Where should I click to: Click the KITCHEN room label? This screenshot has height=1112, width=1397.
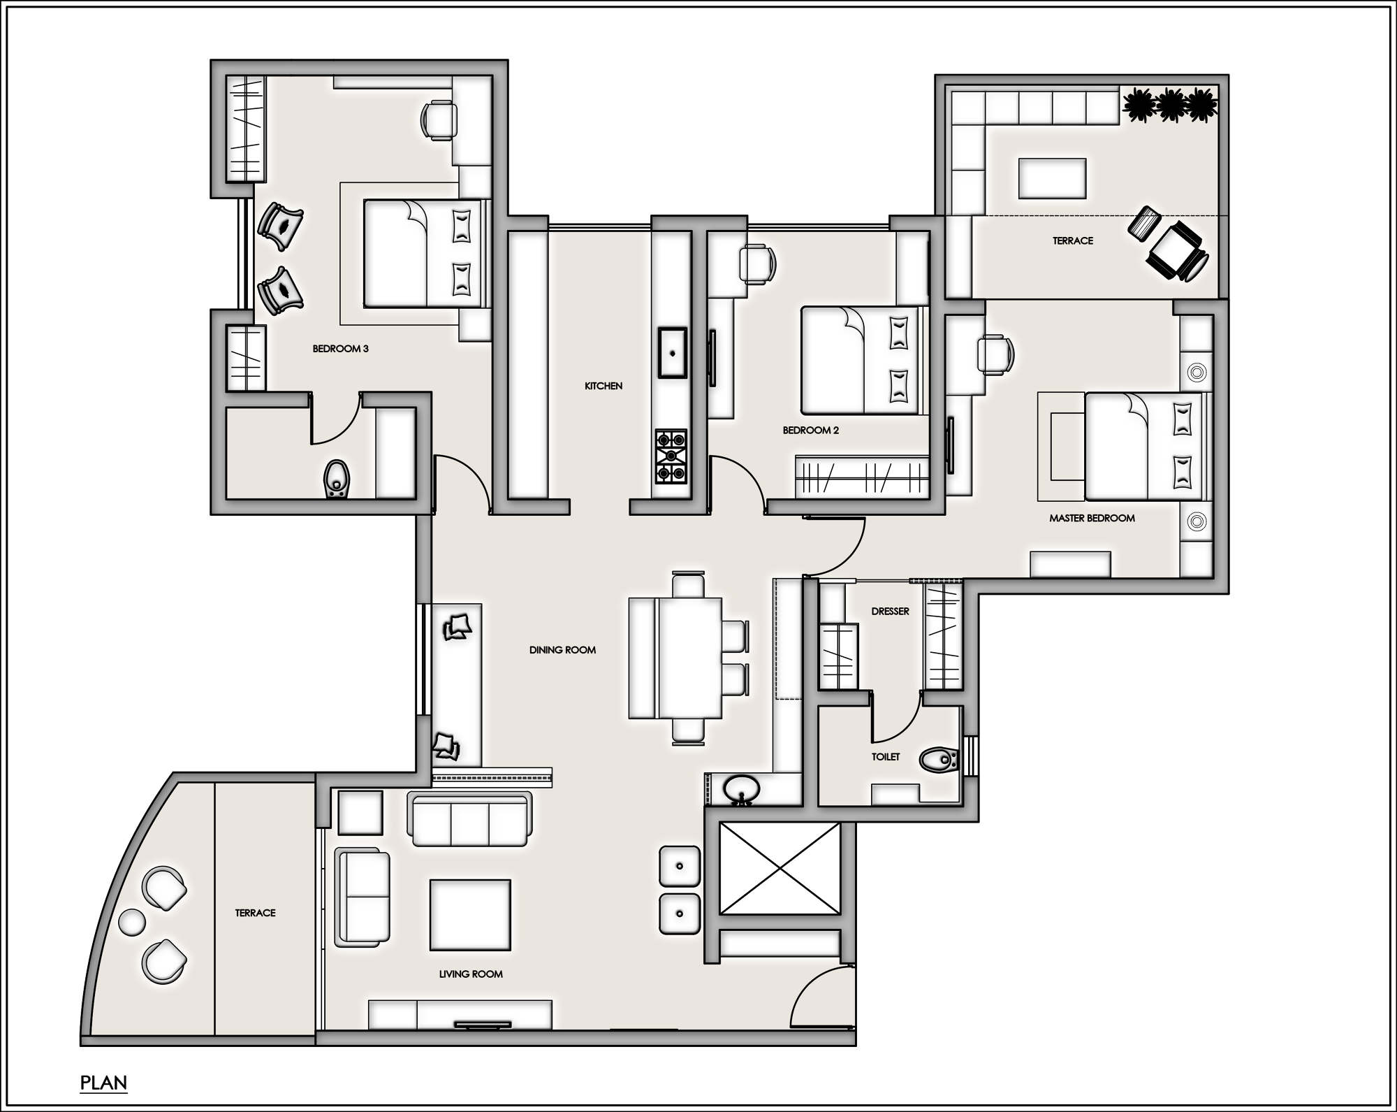(x=603, y=386)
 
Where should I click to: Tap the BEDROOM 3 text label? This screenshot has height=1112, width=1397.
(x=340, y=349)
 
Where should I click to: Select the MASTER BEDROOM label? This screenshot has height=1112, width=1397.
(x=1092, y=519)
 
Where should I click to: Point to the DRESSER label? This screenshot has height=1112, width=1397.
(x=890, y=612)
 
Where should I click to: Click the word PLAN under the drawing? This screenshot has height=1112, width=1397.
(x=103, y=1083)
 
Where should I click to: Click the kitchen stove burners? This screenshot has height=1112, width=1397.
(x=671, y=456)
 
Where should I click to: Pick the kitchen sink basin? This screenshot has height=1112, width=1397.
(x=671, y=352)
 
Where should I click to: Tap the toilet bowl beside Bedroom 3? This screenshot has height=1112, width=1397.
(x=337, y=479)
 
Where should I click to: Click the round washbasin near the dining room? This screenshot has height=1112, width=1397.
(x=741, y=789)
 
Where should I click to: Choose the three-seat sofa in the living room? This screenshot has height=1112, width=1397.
(x=469, y=820)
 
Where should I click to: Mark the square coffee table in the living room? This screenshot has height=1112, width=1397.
(x=469, y=915)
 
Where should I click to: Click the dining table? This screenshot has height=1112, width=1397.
(x=690, y=658)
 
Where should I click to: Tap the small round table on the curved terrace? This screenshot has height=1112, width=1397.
(x=131, y=922)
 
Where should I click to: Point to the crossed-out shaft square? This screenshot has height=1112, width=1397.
(x=780, y=868)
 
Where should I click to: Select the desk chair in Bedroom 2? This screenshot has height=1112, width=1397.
(x=757, y=263)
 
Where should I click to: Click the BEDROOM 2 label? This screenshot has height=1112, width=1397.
(x=810, y=431)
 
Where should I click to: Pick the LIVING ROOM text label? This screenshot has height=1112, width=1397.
(x=471, y=974)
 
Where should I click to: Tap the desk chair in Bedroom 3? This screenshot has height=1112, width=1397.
(x=439, y=120)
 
